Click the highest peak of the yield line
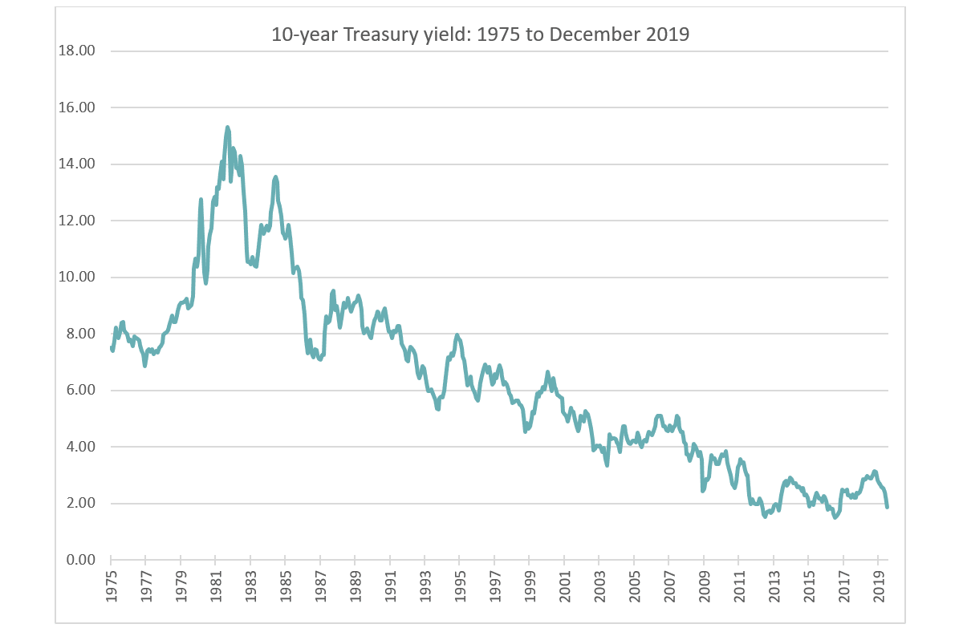tap(228, 127)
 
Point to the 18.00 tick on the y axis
tap(78, 51)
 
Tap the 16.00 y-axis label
tap(78, 107)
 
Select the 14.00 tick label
tap(78, 164)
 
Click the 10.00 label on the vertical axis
tap(78, 277)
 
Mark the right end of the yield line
tap(888, 507)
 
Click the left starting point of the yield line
tap(112, 346)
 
